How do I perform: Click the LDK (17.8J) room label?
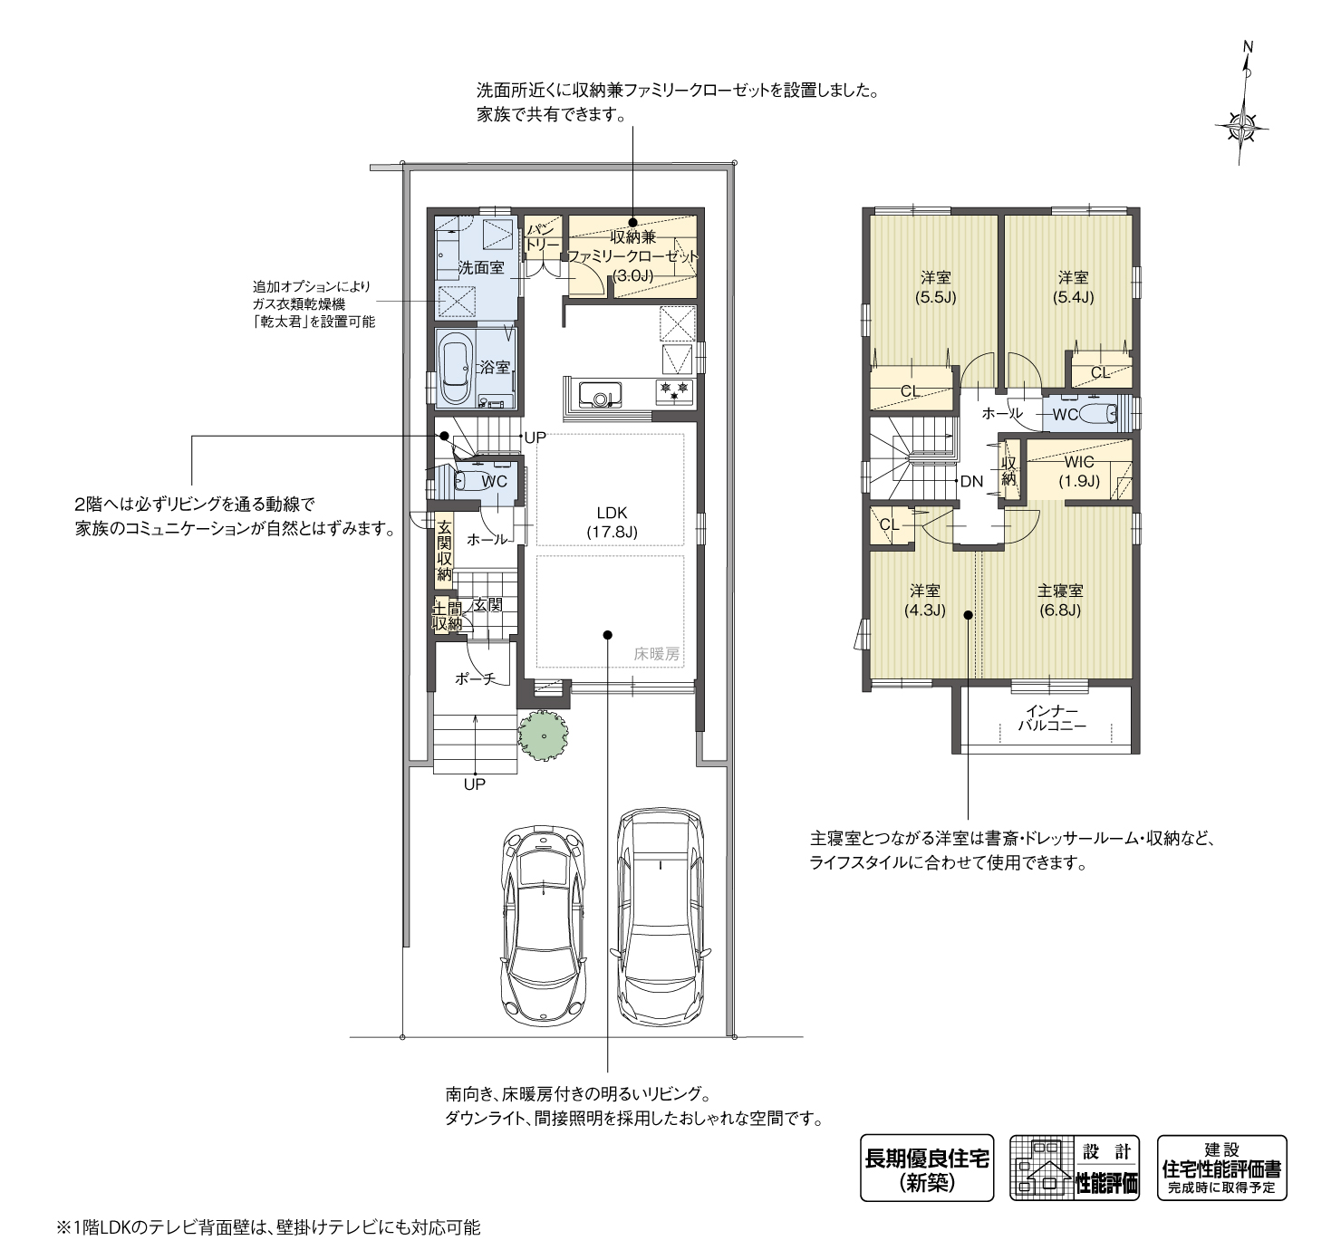click(612, 522)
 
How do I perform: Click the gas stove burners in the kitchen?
click(675, 391)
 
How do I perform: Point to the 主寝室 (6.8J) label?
click(1060, 601)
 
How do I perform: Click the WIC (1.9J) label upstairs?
click(1079, 471)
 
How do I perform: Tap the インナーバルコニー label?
click(1052, 718)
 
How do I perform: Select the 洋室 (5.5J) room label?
click(936, 287)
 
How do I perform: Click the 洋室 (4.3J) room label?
click(925, 601)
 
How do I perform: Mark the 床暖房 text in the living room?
click(656, 654)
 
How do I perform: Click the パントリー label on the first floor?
click(543, 237)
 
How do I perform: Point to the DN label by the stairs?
click(971, 482)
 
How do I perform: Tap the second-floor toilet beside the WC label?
click(1098, 413)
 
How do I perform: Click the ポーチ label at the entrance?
click(475, 678)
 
